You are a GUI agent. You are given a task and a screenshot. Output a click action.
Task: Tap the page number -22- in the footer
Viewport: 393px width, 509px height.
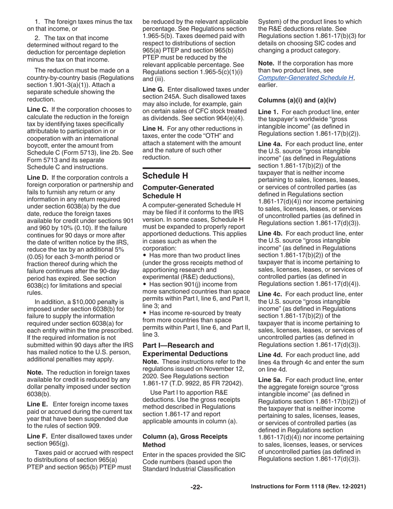point(196,487)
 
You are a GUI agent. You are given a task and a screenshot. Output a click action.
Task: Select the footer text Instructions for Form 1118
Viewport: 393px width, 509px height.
point(309,487)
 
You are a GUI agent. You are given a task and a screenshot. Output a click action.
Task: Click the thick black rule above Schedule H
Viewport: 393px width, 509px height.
point(196,168)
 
